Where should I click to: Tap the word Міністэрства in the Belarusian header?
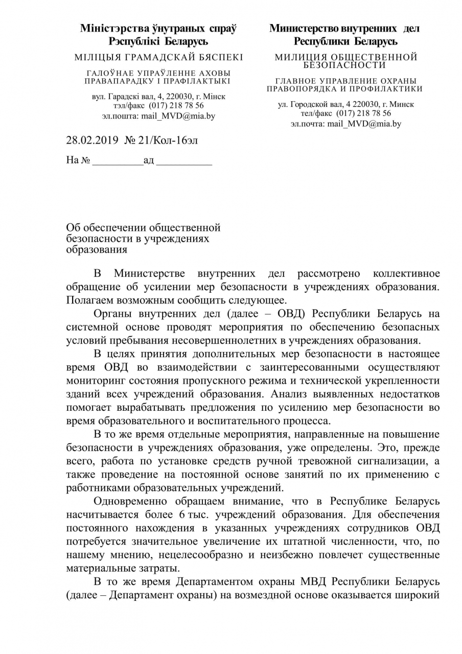click(111, 29)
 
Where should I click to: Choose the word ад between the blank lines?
click(149, 161)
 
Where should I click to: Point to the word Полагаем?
click(89, 299)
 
